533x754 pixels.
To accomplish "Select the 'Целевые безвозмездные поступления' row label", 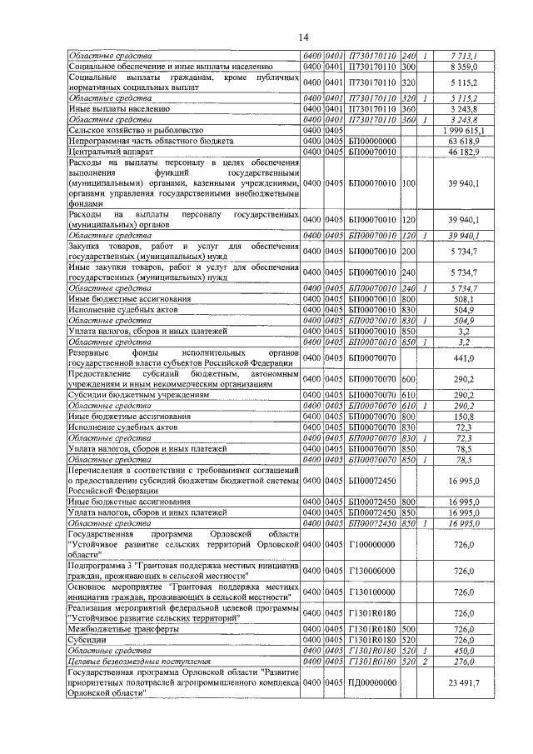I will tap(137, 661).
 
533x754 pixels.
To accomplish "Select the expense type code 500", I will tap(409, 629).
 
